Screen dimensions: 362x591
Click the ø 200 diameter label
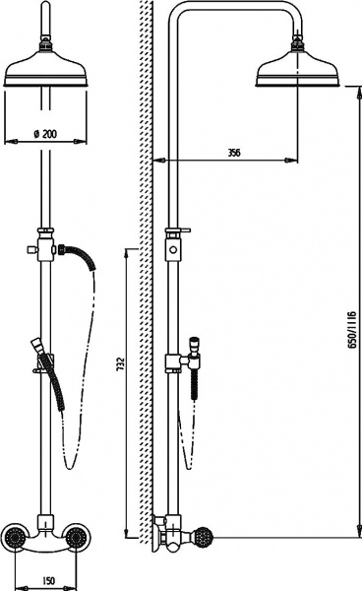pyautogui.click(x=45, y=133)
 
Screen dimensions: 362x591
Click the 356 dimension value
pyautogui.click(x=234, y=153)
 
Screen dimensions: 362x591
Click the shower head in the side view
pyautogui.click(x=297, y=67)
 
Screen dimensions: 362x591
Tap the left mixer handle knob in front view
pyautogui.click(x=14, y=537)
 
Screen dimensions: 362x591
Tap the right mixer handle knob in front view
pyautogui.click(x=77, y=537)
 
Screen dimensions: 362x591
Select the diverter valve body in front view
pyautogui.click(x=45, y=249)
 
